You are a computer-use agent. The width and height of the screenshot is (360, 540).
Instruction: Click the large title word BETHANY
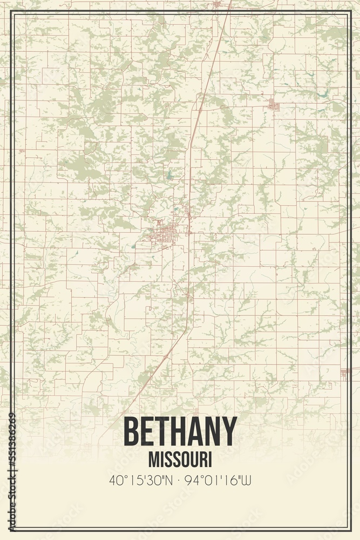click(x=180, y=432)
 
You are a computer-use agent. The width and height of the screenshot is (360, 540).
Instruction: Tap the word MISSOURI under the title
click(x=180, y=460)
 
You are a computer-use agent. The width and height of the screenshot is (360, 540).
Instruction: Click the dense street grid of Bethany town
click(x=165, y=234)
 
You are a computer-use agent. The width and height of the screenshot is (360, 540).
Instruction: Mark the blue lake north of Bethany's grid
click(x=168, y=175)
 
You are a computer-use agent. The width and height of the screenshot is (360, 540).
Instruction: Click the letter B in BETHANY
click(x=132, y=432)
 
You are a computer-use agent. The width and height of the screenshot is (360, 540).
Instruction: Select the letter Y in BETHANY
click(x=229, y=432)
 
